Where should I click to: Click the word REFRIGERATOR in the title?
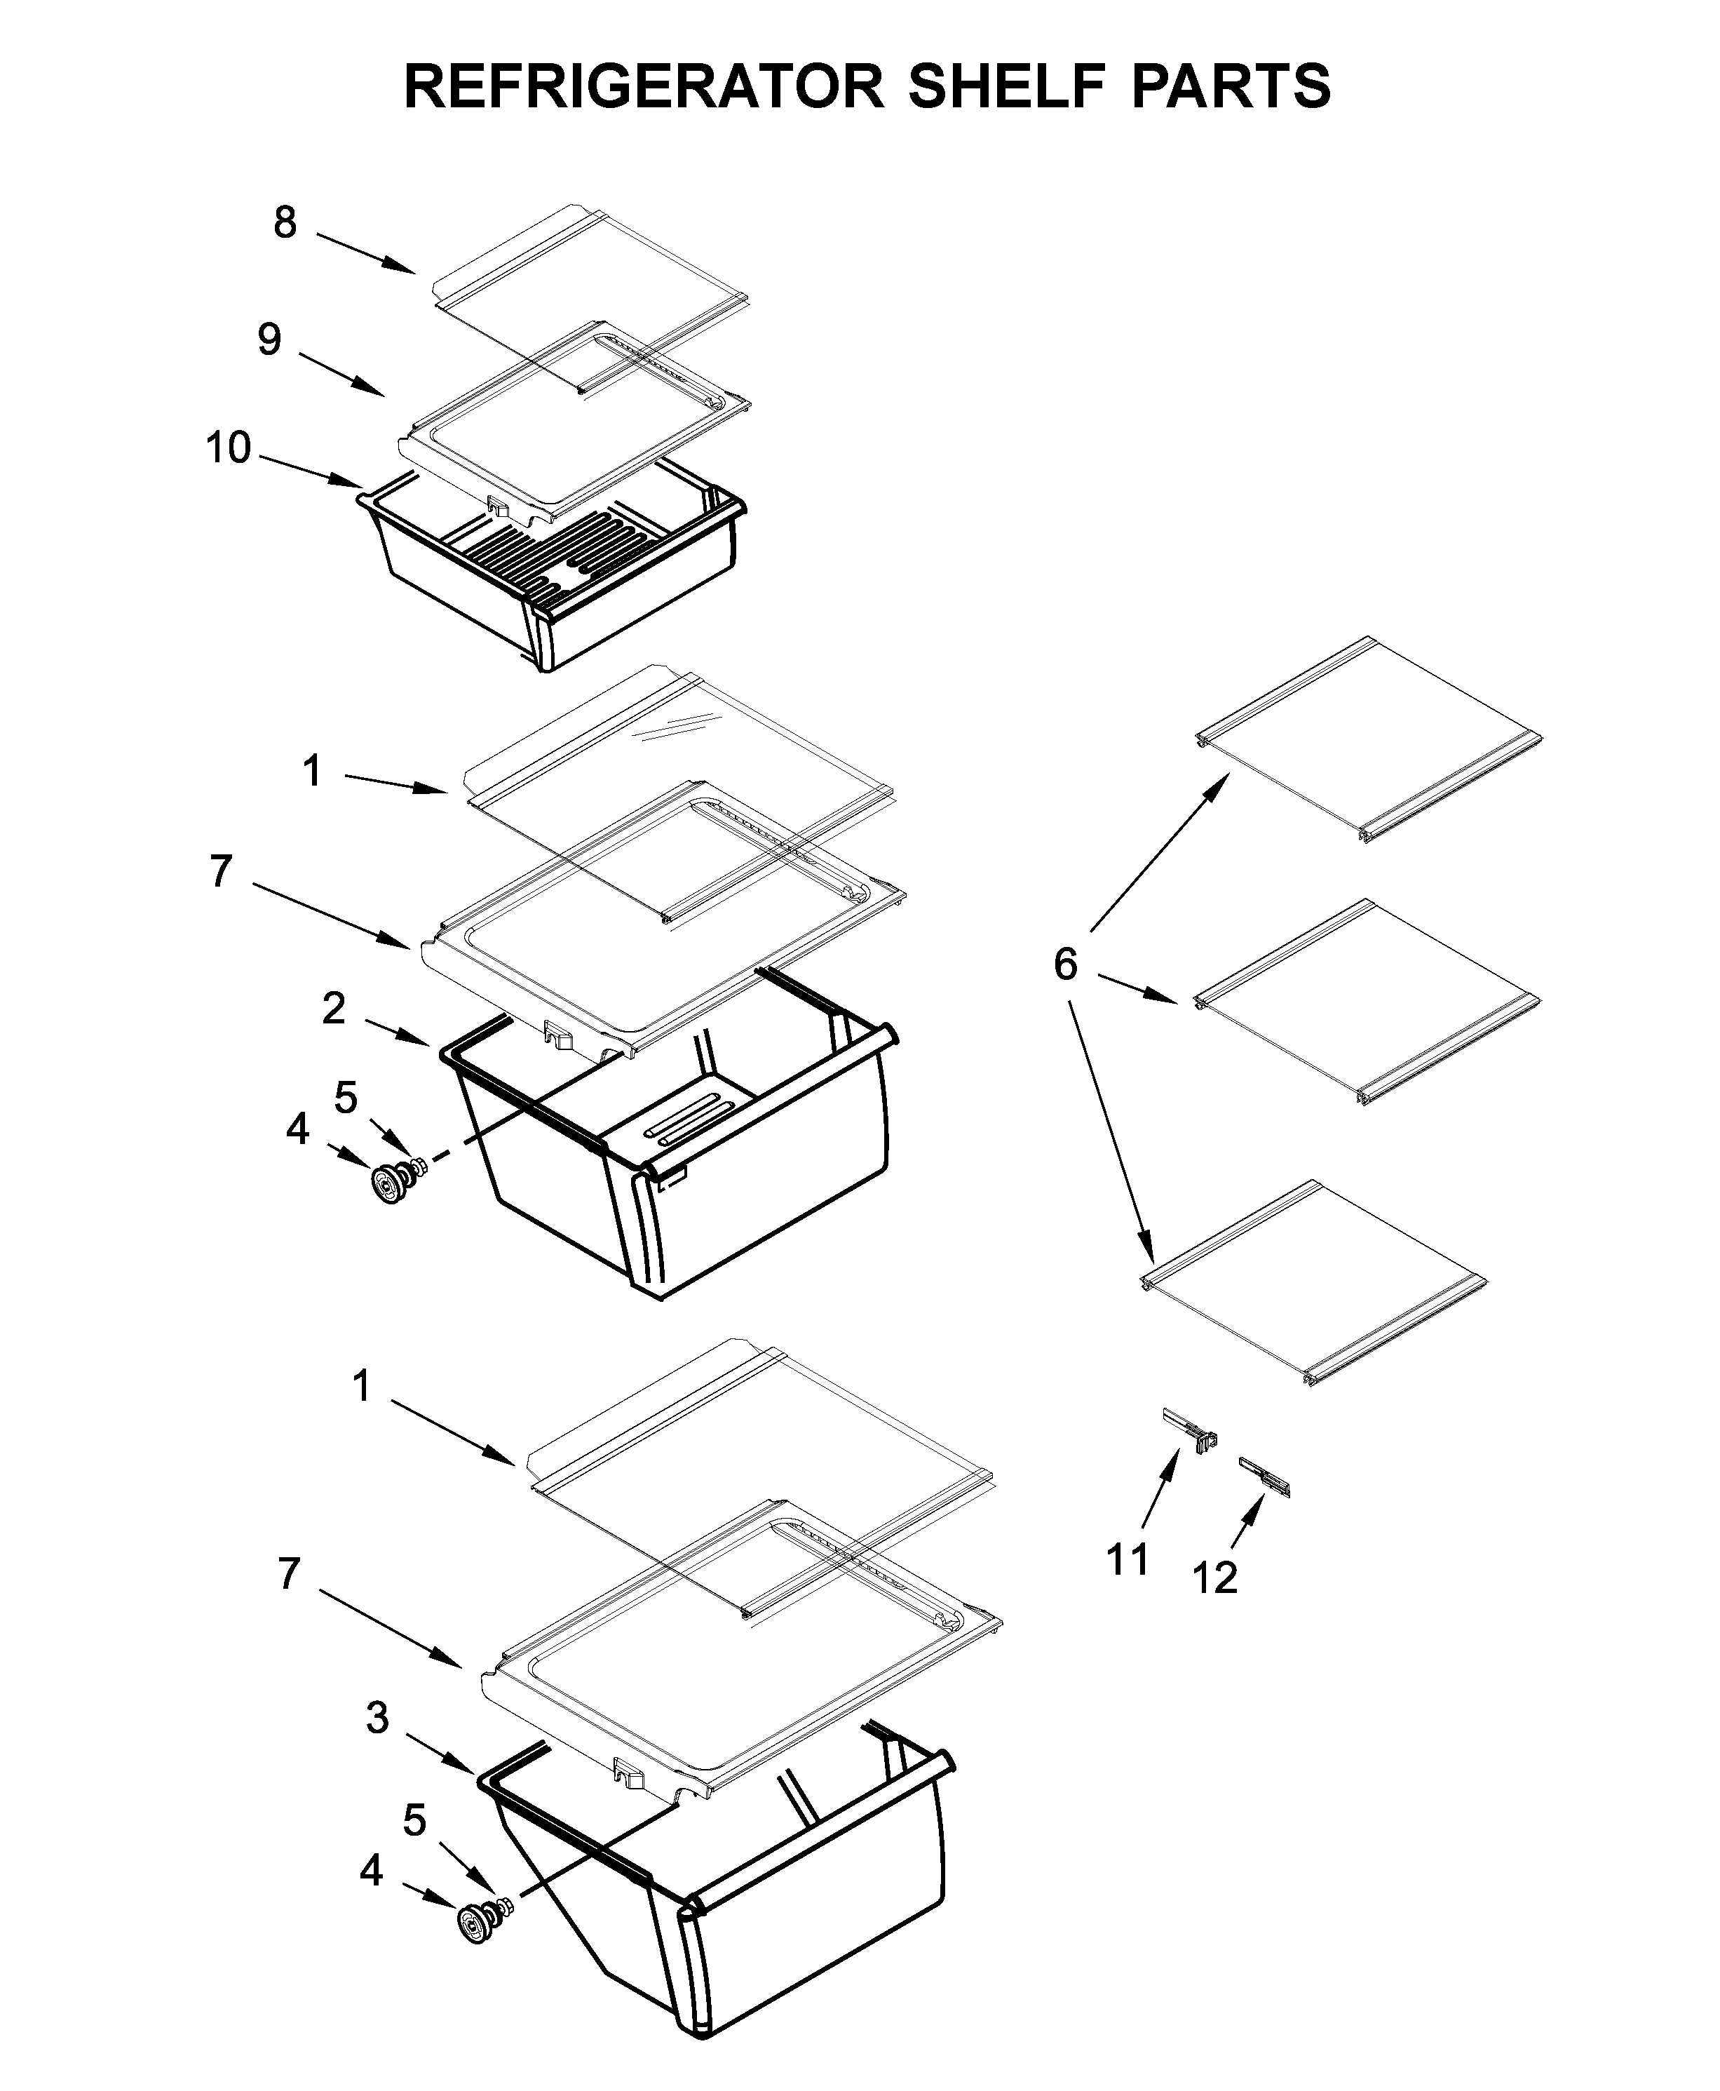pos(644,86)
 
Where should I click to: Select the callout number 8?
pos(285,223)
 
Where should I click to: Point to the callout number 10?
pos(228,448)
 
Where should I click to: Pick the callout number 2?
pos(334,1009)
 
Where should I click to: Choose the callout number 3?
pos(377,1717)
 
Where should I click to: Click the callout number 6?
pos(1065,963)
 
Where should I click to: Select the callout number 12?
pos(1214,1578)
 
